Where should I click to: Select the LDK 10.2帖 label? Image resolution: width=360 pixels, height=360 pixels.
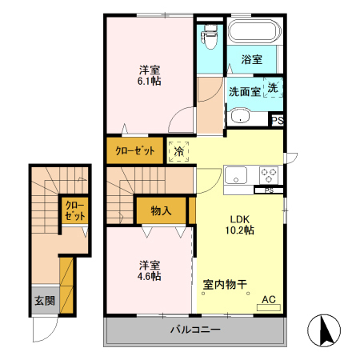tap(242, 224)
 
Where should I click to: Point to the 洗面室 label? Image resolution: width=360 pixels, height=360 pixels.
tap(244, 91)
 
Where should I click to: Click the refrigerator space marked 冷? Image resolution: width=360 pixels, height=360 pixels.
tap(179, 150)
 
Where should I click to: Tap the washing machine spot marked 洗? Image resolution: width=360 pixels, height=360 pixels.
tap(272, 88)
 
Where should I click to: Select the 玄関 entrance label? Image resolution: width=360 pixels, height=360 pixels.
tap(44, 301)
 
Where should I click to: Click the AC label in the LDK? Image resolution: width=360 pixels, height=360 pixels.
tap(269, 300)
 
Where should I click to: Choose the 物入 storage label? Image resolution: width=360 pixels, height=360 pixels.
tap(161, 210)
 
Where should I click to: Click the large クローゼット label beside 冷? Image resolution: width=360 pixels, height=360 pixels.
tap(134, 150)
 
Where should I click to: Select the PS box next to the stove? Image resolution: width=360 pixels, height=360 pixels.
tap(269, 190)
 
